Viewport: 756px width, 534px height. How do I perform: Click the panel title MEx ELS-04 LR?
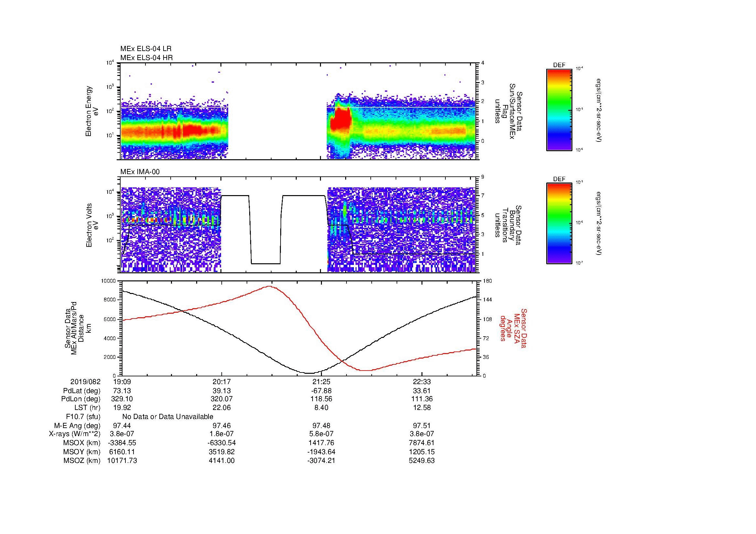[145, 49]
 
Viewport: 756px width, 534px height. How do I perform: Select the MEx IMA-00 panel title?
[140, 172]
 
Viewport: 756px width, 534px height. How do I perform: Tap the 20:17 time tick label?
[222, 382]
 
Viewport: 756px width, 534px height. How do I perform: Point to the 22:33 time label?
[422, 382]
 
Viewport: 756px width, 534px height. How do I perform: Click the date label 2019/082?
[85, 382]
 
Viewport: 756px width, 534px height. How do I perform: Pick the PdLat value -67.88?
[321, 391]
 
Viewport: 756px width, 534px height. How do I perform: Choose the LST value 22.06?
[222, 408]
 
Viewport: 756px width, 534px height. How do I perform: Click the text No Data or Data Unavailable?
[168, 417]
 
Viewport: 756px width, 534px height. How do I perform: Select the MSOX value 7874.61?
[422, 443]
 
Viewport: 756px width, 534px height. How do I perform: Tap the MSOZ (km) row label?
[82, 461]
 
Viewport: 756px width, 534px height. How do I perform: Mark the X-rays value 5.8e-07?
[321, 434]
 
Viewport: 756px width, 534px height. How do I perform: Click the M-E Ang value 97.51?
[422, 426]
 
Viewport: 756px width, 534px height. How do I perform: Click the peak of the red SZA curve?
[269, 286]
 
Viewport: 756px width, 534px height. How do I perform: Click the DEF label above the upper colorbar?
[559, 65]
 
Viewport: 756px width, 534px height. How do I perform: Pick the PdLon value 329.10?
[122, 399]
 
